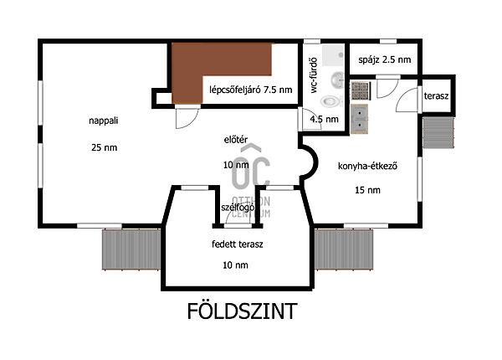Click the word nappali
tap(104, 121)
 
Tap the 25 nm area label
tap(104, 147)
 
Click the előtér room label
tap(235, 141)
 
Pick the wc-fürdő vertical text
tap(313, 77)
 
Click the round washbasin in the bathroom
tap(336, 80)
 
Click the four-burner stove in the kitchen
tap(361, 89)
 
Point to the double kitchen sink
tap(361, 119)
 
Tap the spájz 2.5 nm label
tap(385, 60)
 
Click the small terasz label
tap(436, 96)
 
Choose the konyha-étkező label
tap(366, 166)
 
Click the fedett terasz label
tap(237, 244)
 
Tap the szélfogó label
tap(238, 207)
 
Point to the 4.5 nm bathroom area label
tap(325, 120)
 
